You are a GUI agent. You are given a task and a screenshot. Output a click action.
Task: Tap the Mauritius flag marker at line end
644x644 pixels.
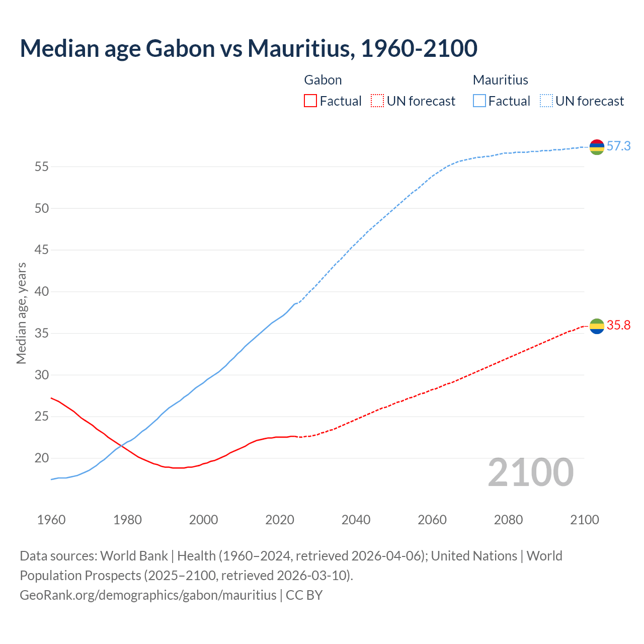click(597, 147)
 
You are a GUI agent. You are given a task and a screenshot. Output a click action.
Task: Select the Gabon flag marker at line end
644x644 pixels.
click(597, 326)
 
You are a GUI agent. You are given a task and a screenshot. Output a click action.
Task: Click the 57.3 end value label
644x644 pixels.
click(618, 146)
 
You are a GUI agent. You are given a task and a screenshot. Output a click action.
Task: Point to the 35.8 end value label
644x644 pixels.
click(618, 326)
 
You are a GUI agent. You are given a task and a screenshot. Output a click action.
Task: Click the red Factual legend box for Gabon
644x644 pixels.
click(310, 101)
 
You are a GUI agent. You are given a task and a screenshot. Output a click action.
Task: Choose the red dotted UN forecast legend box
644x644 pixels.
click(377, 101)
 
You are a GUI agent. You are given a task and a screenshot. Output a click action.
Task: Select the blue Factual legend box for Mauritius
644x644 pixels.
click(479, 101)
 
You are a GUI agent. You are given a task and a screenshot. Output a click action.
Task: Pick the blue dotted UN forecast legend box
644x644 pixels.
click(546, 101)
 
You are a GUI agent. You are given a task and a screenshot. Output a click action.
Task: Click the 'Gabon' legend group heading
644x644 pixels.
click(323, 80)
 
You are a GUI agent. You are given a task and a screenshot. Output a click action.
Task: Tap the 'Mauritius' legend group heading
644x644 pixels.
click(500, 80)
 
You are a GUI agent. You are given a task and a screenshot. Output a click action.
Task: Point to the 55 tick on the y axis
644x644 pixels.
click(41, 167)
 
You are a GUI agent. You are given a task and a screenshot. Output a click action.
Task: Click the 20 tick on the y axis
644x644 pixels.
click(41, 458)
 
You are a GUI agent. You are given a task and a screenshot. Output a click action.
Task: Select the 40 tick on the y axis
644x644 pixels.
click(41, 292)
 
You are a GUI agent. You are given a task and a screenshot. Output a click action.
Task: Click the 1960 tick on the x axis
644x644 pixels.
click(51, 520)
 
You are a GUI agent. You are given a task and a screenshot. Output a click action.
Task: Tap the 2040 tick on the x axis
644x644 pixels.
click(356, 520)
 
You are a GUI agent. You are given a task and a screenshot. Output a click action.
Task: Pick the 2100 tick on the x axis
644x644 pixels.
click(584, 520)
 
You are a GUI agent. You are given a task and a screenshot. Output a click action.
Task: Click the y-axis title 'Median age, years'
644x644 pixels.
click(21, 313)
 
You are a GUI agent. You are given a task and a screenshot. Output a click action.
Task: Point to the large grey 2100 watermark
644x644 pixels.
click(530, 472)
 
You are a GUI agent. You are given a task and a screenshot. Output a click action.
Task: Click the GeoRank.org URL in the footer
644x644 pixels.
click(148, 595)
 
